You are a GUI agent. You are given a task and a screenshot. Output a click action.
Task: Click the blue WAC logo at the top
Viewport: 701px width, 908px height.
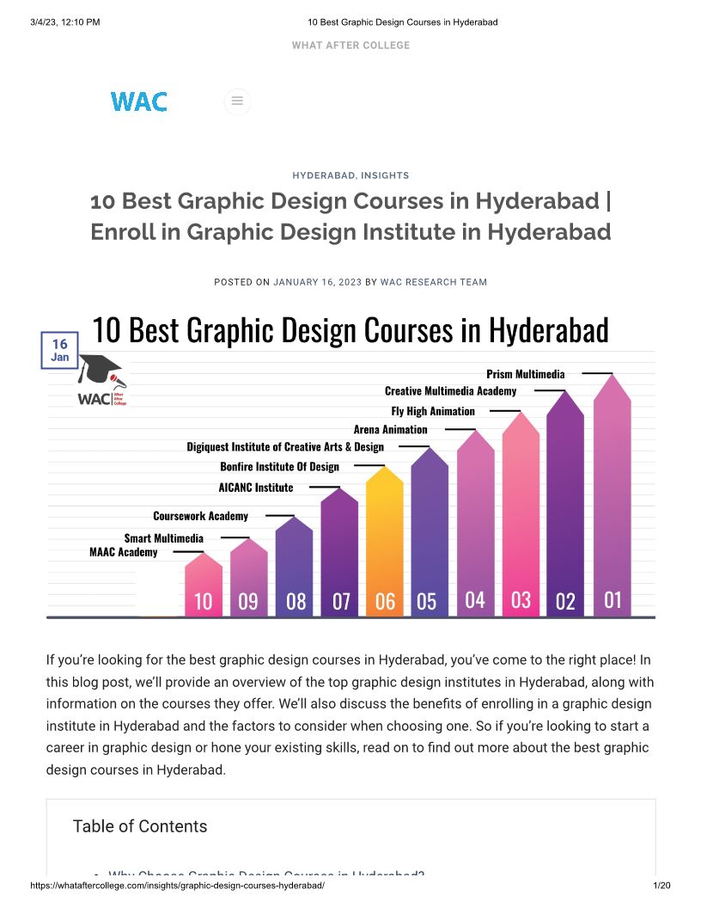138,101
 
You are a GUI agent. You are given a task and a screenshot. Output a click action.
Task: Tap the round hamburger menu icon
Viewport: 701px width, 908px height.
237,101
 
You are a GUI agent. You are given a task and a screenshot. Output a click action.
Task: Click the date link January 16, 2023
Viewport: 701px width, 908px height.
318,282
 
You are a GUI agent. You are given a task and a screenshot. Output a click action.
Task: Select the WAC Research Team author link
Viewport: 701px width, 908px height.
434,282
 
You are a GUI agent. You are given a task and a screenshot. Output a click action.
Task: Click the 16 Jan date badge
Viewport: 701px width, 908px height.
60,350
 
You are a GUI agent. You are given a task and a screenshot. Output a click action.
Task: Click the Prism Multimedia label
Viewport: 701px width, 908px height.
526,374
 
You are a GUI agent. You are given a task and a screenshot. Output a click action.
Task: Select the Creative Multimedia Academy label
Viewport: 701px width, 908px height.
451,391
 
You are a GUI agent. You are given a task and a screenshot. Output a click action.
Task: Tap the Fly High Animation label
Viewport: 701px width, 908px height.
433,411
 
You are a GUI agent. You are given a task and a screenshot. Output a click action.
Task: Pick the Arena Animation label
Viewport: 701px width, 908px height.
390,429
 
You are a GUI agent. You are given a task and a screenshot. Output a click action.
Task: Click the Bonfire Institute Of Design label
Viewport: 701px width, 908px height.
279,467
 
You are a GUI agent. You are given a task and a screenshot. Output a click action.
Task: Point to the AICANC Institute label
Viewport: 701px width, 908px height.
256,488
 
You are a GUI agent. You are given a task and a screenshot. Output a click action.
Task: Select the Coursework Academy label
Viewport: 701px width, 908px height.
200,516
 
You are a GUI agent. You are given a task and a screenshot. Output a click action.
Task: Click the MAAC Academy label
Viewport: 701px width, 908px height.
124,552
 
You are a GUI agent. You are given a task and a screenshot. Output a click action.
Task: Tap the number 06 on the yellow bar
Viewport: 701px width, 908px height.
385,601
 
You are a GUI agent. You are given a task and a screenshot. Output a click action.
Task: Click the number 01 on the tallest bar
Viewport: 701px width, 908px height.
613,599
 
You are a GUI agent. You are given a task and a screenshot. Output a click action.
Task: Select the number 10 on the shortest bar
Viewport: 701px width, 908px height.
203,601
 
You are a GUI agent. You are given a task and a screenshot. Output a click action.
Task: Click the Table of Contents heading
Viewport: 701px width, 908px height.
140,826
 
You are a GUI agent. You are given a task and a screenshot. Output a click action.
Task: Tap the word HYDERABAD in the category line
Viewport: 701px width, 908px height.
324,175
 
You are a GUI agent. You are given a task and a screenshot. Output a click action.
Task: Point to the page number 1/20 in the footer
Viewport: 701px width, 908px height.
661,886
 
